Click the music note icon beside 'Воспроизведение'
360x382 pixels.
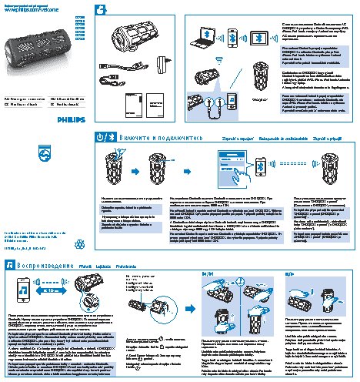point(11,265)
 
